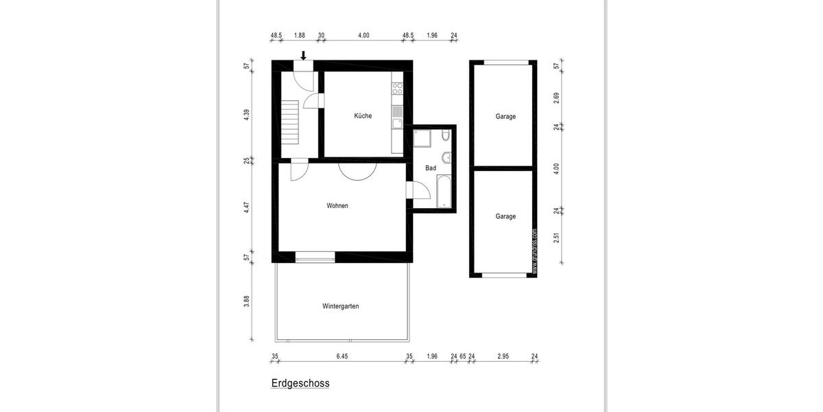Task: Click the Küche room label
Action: [363, 116]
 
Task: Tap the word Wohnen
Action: [337, 205]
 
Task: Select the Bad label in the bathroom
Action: [431, 168]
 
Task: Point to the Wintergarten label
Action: [340, 306]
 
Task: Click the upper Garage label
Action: [505, 117]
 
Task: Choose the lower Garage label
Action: [505, 216]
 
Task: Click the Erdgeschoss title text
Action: [300, 384]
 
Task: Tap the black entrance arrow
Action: [304, 56]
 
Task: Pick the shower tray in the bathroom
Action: [421, 140]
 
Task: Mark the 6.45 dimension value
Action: [342, 356]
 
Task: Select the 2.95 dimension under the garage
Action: [503, 356]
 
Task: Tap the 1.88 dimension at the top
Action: [299, 35]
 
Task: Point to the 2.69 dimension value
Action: [556, 97]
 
